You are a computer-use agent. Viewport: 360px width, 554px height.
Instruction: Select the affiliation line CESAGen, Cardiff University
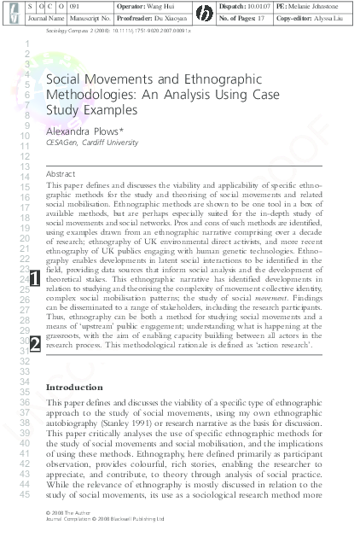coord(88,144)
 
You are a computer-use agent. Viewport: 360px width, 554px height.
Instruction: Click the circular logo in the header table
coord(204,12)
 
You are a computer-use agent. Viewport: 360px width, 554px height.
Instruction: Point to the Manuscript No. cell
coord(90,19)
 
